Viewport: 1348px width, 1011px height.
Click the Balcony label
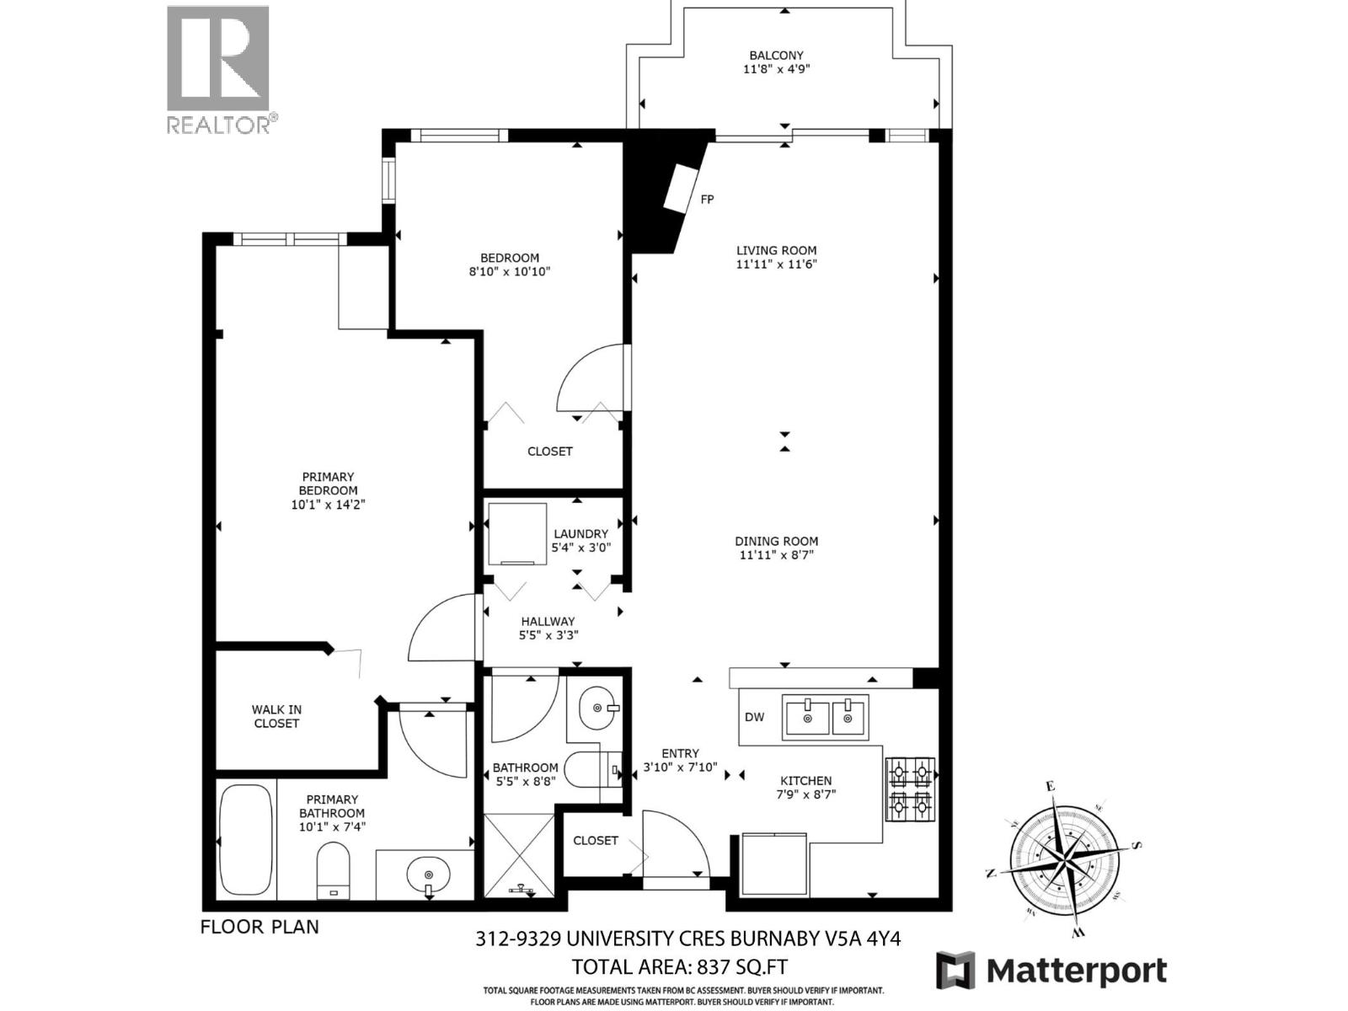click(776, 56)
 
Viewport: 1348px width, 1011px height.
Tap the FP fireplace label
click(708, 200)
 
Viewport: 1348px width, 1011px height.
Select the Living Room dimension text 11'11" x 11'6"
click(776, 264)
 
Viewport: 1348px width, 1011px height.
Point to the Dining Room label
click(776, 541)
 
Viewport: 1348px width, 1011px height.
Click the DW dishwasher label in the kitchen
click(754, 717)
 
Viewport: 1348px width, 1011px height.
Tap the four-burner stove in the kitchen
click(910, 789)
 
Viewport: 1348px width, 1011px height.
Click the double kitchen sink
click(825, 718)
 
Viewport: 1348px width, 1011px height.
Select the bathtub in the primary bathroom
click(245, 840)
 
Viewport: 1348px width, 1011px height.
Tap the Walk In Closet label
click(276, 716)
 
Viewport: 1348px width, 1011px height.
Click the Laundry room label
click(580, 533)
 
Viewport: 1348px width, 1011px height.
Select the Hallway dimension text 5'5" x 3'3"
click(548, 635)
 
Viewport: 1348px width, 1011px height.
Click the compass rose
click(1065, 858)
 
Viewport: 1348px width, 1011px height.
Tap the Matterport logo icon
click(955, 971)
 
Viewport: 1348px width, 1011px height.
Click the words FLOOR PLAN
click(259, 927)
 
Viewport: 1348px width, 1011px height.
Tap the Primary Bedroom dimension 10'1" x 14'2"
click(328, 505)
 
